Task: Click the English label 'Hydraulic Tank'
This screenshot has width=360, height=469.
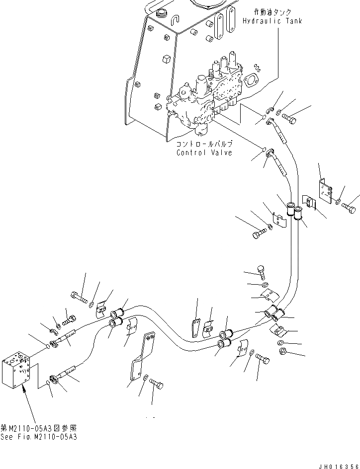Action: point(272,21)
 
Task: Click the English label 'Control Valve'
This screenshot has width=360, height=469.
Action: point(204,153)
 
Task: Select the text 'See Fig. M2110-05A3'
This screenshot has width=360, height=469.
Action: point(39,437)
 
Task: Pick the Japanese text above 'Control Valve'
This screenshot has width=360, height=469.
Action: point(204,144)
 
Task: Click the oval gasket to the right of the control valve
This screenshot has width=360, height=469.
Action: point(251,80)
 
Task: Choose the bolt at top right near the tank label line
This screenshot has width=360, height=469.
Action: point(290,118)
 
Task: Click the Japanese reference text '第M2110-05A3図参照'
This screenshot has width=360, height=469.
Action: point(38,428)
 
